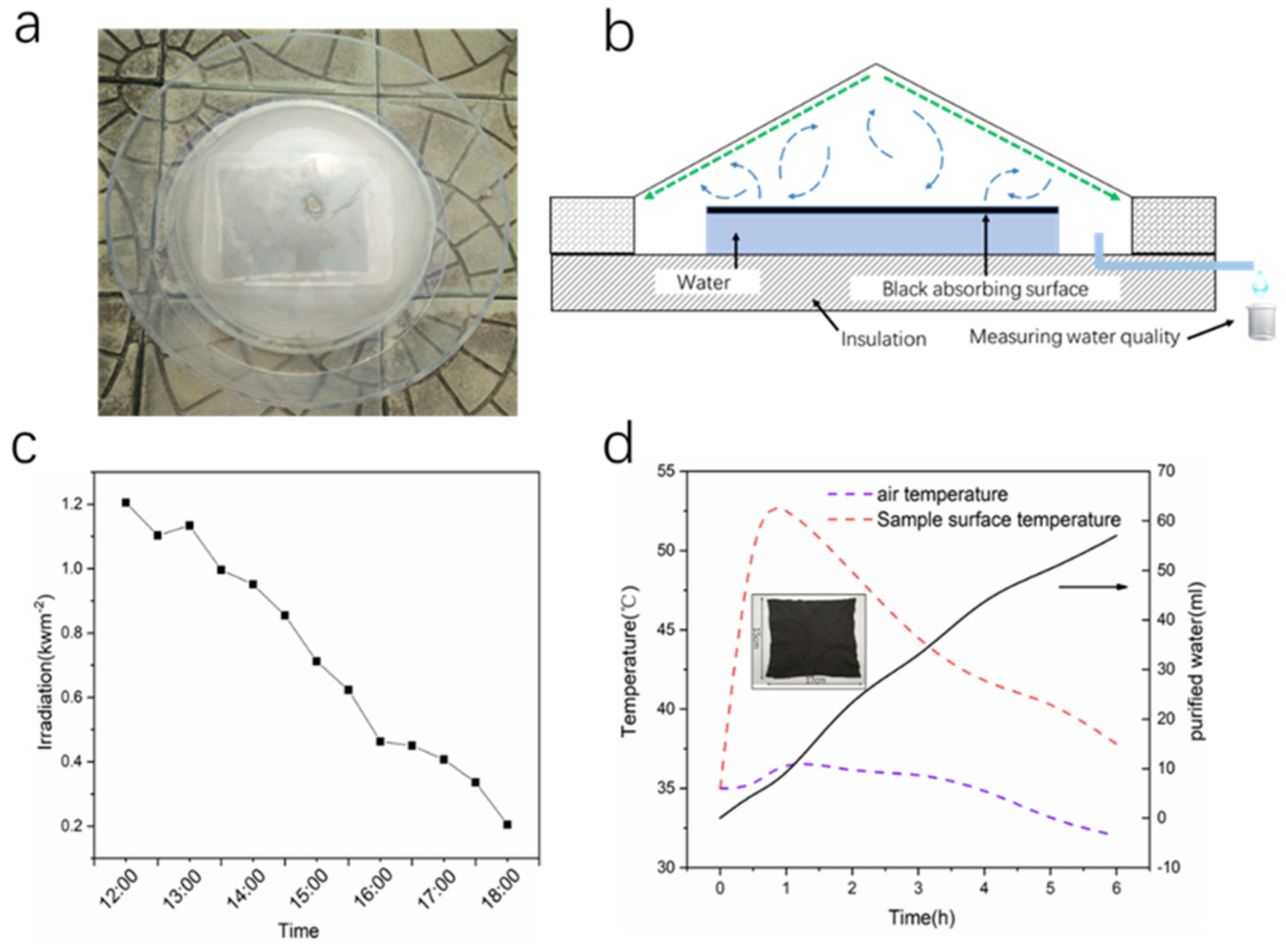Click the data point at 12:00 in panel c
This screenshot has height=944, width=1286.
pos(126,503)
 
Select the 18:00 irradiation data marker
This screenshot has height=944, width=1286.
pos(507,824)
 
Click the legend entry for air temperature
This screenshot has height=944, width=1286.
pos(942,494)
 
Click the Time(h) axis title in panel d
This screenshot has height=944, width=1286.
pos(921,917)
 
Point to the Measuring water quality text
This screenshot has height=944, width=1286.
pos(1074,337)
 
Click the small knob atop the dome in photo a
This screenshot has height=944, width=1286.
pos(312,202)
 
